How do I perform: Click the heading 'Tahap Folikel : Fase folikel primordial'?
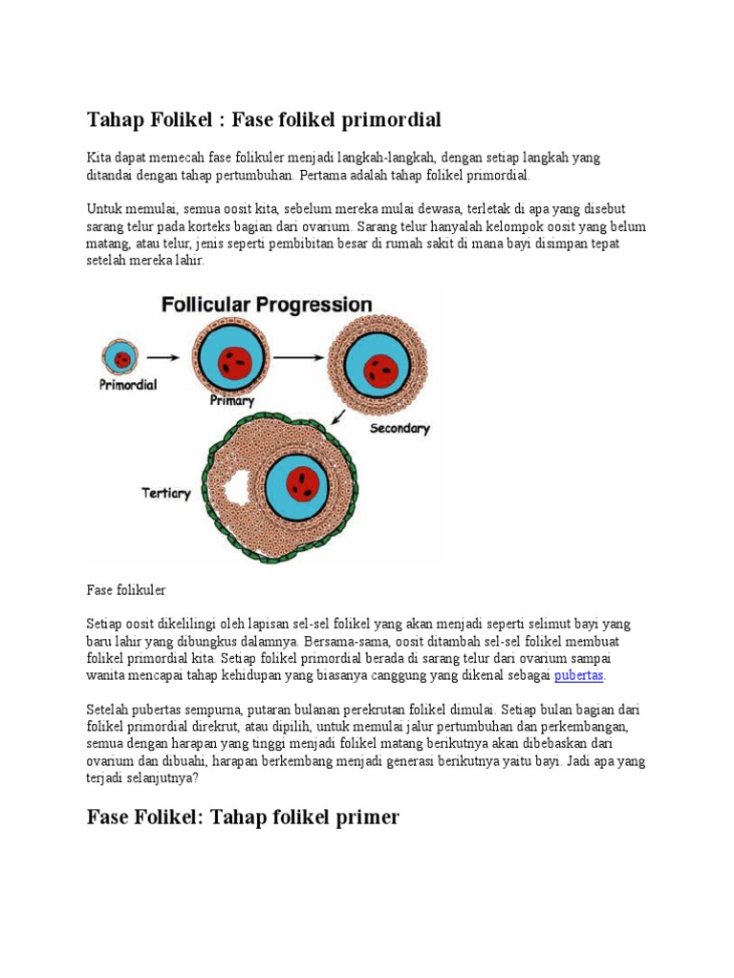tap(264, 119)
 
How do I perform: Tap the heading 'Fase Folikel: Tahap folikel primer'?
tap(243, 817)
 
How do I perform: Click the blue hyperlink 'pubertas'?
tap(579, 675)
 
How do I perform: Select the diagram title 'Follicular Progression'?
tap(266, 306)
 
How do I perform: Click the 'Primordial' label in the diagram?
tap(127, 386)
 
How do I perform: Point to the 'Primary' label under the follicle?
tap(232, 401)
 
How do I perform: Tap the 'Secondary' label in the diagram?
tap(400, 429)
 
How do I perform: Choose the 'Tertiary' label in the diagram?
tap(166, 494)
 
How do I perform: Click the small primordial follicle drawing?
tap(120, 359)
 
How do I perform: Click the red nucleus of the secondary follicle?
tap(381, 369)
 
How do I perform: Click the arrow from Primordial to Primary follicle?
tap(162, 358)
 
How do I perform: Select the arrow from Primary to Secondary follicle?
tap(297, 357)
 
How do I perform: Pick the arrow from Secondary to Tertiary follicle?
tap(337, 418)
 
